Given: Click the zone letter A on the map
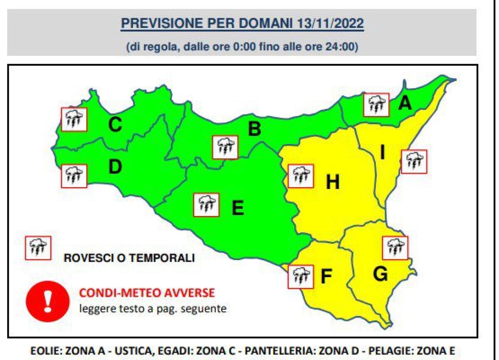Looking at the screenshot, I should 405,103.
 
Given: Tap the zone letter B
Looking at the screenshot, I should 254,130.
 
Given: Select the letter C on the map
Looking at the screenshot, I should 115,124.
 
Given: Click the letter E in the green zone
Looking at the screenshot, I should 237,208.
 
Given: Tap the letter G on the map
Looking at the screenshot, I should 380,274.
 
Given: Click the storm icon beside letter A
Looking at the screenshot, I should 376,105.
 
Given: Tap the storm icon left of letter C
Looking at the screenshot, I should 74,119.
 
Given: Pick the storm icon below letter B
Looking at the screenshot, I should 225,147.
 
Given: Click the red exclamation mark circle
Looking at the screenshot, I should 47,300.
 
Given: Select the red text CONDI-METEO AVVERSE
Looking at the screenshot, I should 147,293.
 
